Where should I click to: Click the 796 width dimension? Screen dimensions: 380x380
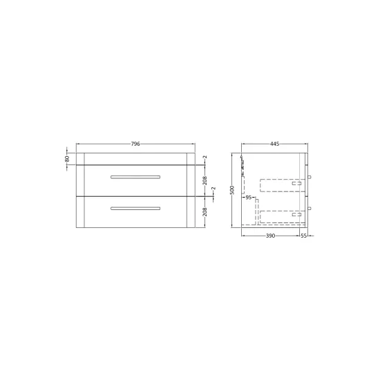pyautogui.click(x=135, y=144)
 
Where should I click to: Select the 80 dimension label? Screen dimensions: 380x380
pyautogui.click(x=67, y=159)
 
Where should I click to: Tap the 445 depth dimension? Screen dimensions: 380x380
pyautogui.click(x=274, y=144)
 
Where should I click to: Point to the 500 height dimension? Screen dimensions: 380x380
pyautogui.click(x=232, y=190)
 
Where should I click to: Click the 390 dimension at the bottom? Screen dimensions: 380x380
pyautogui.click(x=270, y=236)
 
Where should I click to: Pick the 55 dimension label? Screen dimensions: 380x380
pyautogui.click(x=304, y=236)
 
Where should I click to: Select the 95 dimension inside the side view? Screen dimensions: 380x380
pyautogui.click(x=249, y=198)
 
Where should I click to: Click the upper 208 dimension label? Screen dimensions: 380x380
pyautogui.click(x=205, y=180)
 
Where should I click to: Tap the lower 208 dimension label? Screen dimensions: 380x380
pyautogui.click(x=205, y=212)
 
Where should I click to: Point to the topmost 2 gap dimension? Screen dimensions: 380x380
pyautogui.click(x=205, y=157)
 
